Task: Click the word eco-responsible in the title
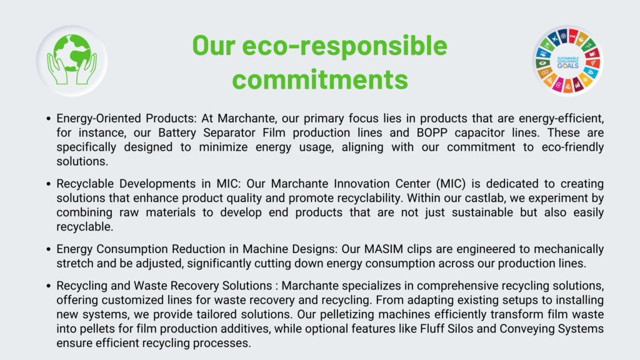point(345,46)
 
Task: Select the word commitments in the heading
point(320,79)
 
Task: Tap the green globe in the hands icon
point(72,52)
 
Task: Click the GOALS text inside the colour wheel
point(567,66)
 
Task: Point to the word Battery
point(177,133)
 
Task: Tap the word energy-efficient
point(561,119)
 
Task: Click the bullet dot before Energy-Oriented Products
point(49,119)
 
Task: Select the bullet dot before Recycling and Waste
point(49,286)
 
